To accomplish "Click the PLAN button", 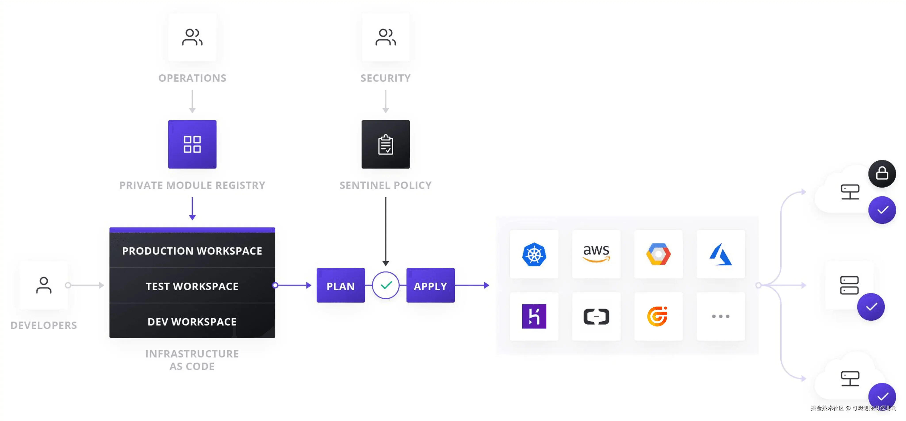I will pos(341,286).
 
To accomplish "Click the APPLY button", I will pos(430,286).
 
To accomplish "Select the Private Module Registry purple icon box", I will pos(192,144).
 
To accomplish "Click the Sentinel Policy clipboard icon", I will pos(385,144).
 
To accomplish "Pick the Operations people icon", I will pos(192,37).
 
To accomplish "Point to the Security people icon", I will pos(385,37).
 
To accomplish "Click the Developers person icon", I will pos(44,285).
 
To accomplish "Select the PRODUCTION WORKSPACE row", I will pos(192,251).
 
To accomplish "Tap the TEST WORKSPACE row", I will pos(192,286).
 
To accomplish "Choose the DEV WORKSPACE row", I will pos(192,321).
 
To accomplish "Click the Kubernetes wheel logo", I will pos(534,254).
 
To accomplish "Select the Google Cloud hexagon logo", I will pos(658,254).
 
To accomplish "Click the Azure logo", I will pos(720,254).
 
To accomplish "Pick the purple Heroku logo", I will pos(534,316).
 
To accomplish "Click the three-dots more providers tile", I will pos(720,316).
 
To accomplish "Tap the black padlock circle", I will pos(882,174).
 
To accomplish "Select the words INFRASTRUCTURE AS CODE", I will pos(192,360).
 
